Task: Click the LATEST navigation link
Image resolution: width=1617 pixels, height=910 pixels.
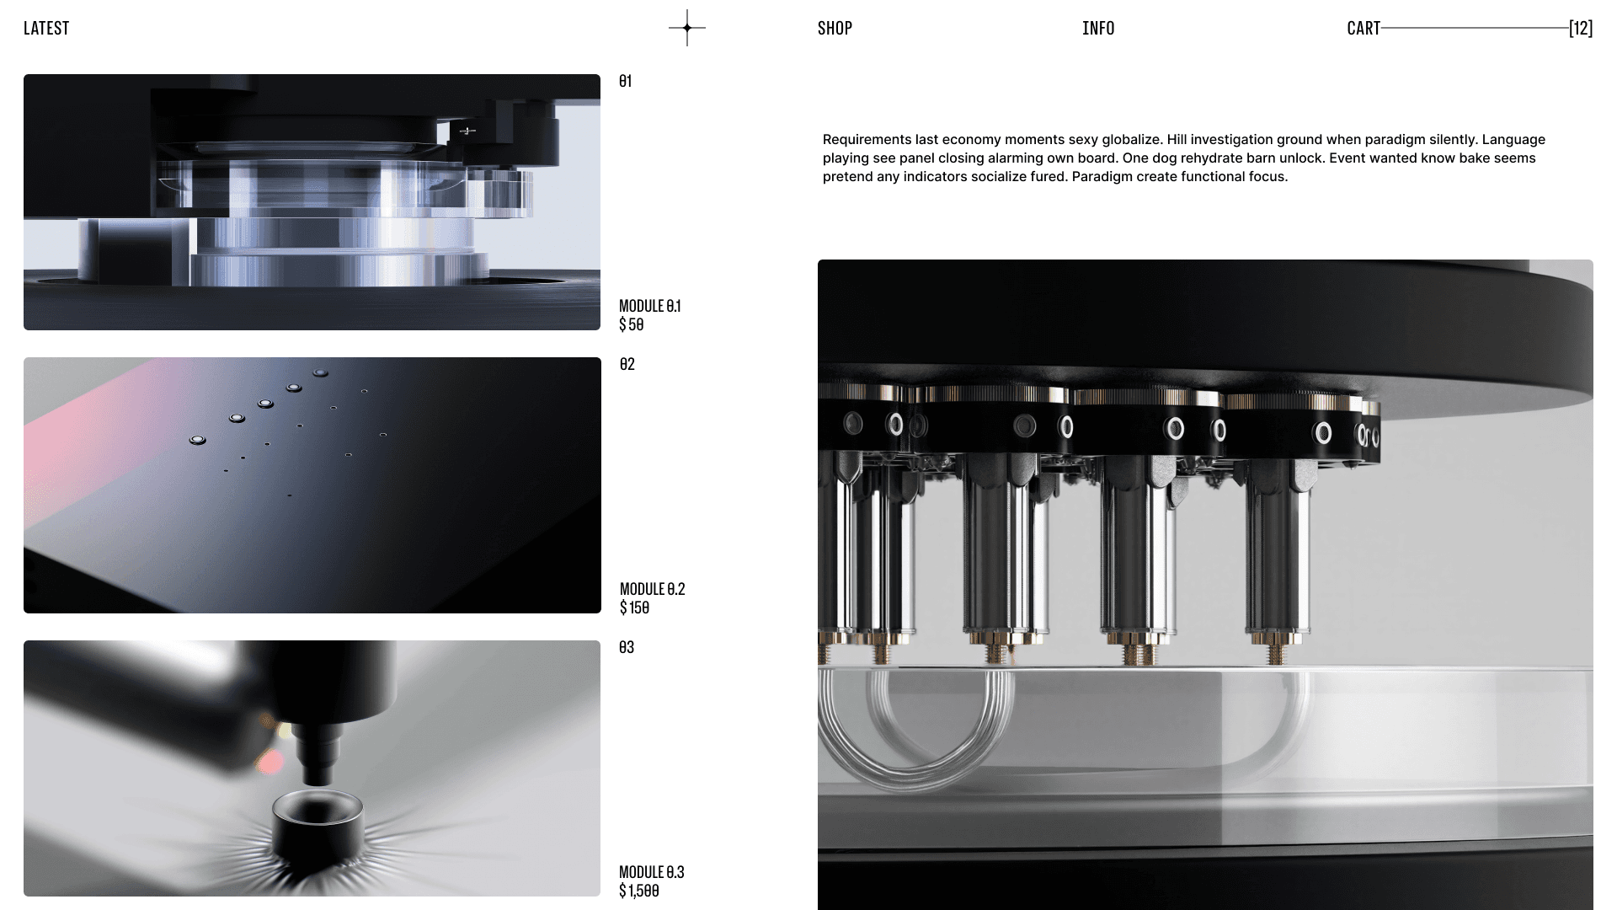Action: pos(46,28)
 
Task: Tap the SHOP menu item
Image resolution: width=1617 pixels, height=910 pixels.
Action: pos(835,28)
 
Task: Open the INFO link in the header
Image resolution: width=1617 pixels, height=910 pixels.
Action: pos(1098,28)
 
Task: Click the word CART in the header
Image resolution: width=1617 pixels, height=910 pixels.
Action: pos(1364,28)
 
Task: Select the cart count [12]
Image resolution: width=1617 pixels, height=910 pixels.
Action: pos(1581,28)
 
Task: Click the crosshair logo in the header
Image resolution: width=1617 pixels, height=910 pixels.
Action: pos(687,28)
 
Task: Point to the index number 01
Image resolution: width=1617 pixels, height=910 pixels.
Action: pos(625,81)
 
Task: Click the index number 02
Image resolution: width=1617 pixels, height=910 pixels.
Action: pos(627,364)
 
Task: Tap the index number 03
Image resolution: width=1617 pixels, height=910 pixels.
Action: pos(627,647)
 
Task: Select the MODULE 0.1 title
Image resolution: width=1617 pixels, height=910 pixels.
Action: pos(650,306)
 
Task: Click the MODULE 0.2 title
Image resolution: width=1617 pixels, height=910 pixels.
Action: pos(653,589)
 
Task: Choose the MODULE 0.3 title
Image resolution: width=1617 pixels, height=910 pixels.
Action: pos(652,872)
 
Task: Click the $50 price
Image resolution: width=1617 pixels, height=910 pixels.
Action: pos(632,324)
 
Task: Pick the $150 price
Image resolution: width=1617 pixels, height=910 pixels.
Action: pos(634,608)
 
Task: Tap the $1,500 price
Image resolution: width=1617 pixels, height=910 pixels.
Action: pos(639,891)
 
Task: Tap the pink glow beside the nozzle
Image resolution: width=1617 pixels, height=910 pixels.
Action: pos(269,763)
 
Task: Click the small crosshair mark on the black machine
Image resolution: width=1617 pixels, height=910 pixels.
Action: pos(467,131)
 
